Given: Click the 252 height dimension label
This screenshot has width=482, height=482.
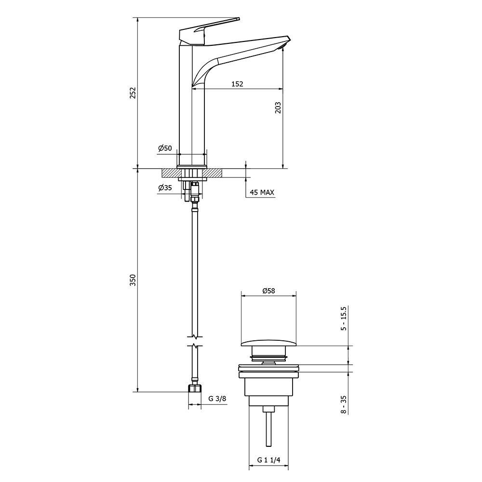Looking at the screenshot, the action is point(133,93).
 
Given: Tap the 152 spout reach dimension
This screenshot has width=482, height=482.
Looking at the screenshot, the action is point(237,84).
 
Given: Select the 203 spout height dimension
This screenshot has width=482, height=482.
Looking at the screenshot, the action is point(278,107).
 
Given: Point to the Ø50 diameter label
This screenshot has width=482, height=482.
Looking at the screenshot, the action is point(165,148).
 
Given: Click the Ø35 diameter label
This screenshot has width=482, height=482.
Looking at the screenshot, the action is point(165,187).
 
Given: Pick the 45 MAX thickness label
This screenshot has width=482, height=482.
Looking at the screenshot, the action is point(262,193).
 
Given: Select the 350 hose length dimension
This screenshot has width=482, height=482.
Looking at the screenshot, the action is point(133,281).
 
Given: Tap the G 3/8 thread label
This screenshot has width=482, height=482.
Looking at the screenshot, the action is point(217,399).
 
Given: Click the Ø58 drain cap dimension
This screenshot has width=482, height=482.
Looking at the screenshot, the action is point(268,291).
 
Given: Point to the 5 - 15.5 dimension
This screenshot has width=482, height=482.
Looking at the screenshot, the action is point(344,319).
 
